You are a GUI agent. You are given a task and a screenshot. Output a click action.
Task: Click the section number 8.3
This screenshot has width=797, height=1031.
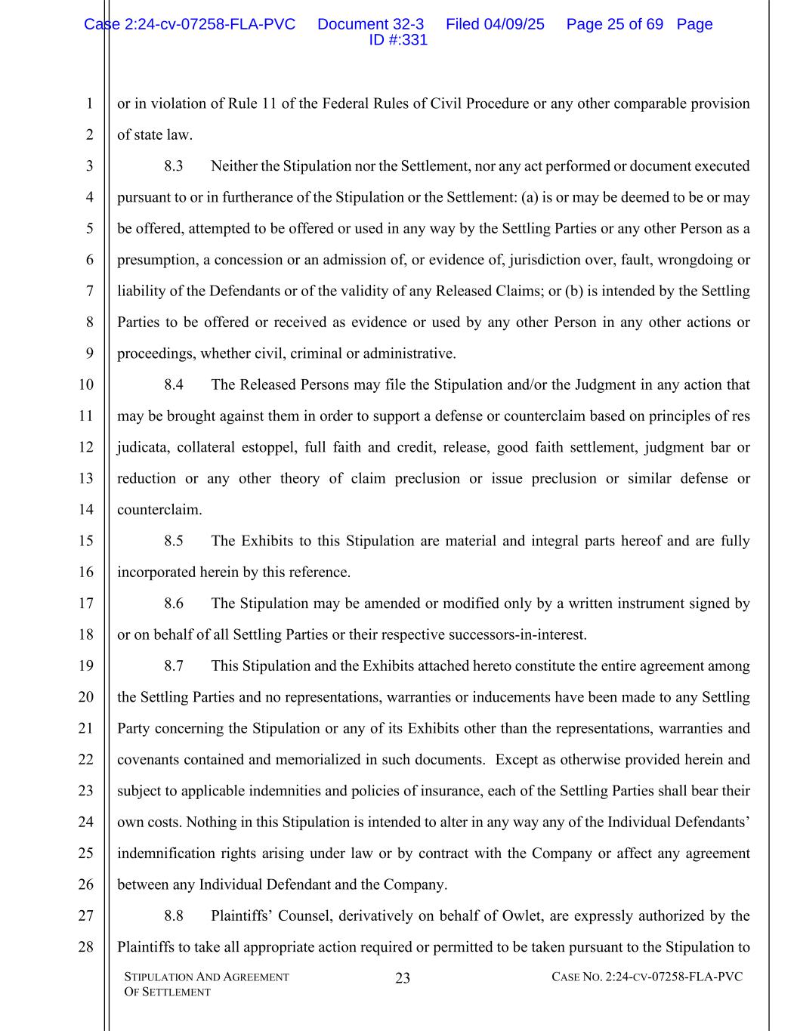pyautogui.click(x=173, y=166)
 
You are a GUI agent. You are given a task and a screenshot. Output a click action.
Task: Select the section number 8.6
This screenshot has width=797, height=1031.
pyautogui.click(x=173, y=603)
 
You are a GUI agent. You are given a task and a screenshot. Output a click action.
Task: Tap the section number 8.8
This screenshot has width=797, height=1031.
pyautogui.click(x=173, y=916)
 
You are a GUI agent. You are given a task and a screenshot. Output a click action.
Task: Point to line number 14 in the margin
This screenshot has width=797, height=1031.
pyautogui.click(x=86, y=510)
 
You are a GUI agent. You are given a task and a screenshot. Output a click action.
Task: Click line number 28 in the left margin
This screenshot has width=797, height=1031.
pyautogui.click(x=86, y=947)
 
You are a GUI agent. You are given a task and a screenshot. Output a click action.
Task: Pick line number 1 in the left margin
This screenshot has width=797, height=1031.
pyautogui.click(x=89, y=104)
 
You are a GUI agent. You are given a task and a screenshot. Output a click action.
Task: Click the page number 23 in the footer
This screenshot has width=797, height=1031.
pyautogui.click(x=403, y=978)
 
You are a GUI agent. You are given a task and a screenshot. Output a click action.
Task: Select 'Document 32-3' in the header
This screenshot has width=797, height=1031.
pyautogui.click(x=370, y=24)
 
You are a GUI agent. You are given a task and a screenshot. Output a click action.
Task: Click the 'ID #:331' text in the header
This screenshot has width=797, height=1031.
pyautogui.click(x=398, y=40)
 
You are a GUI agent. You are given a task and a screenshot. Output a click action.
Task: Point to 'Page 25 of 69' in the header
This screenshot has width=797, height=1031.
pyautogui.click(x=614, y=24)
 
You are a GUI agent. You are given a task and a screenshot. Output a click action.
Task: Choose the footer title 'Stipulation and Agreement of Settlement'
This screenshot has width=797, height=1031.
pyautogui.click(x=206, y=984)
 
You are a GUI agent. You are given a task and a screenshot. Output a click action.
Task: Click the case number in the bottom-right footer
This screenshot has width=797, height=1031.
pyautogui.click(x=647, y=977)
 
